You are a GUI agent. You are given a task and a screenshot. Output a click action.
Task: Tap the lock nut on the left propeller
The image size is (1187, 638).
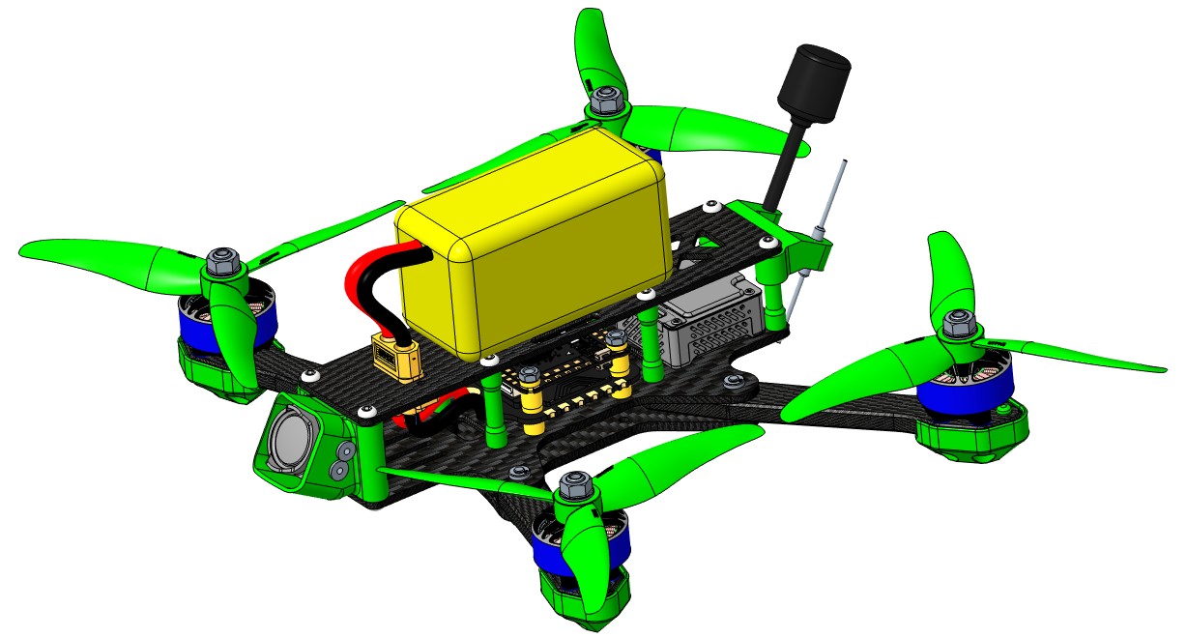[x=222, y=260]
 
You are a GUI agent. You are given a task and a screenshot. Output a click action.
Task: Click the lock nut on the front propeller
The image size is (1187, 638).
[x=576, y=483]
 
